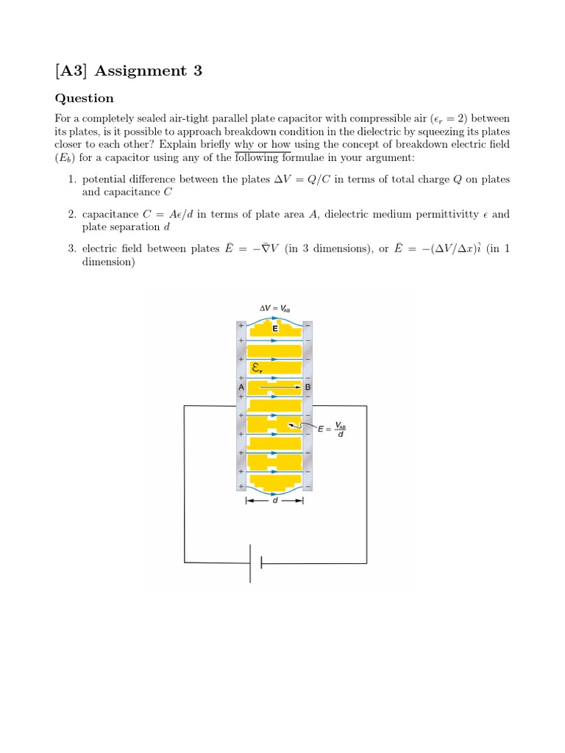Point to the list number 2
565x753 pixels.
(x=71, y=214)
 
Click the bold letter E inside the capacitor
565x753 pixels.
(x=275, y=329)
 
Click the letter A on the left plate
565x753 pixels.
(x=241, y=387)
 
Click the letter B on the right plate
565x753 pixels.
(x=308, y=387)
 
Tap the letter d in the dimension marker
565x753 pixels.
(x=274, y=502)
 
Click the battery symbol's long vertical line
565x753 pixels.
(x=250, y=563)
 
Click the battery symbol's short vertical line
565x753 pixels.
(x=261, y=563)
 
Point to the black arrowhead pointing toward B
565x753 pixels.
(x=298, y=386)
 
